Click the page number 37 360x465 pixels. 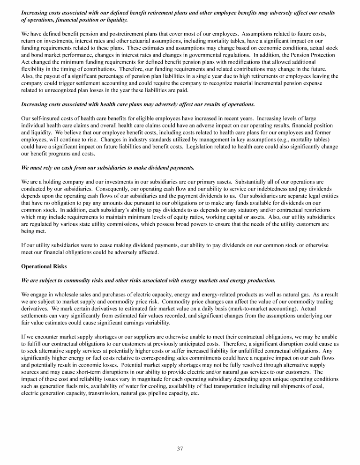pos(180,449)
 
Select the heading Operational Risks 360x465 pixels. pos(44,266)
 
